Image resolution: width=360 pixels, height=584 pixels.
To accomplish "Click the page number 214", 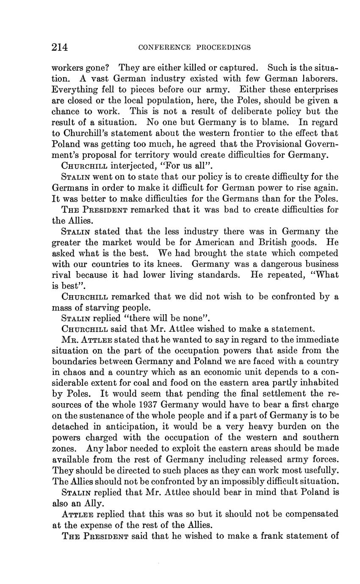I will [x=60, y=47].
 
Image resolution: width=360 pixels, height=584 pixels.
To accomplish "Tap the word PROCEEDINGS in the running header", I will [x=224, y=47].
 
